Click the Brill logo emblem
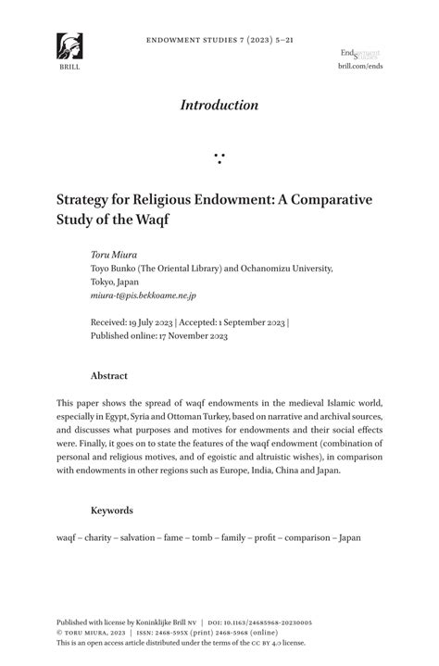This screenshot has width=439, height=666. click(69, 46)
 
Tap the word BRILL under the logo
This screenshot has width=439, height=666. click(69, 68)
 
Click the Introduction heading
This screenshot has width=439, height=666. click(219, 105)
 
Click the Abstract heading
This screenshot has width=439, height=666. click(109, 376)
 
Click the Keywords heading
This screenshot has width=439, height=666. click(112, 510)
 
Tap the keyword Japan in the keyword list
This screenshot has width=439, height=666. click(350, 537)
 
